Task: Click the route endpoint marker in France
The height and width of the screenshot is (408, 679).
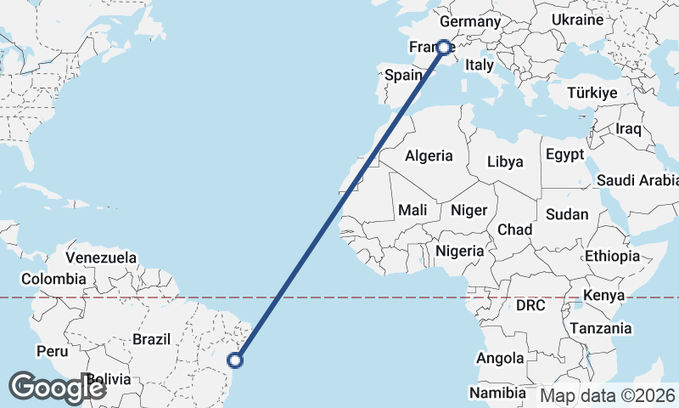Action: (x=443, y=48)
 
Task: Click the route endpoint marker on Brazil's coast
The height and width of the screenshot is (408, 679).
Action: (x=236, y=360)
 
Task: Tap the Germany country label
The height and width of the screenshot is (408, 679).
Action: (x=471, y=21)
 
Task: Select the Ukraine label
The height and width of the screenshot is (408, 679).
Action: (x=577, y=20)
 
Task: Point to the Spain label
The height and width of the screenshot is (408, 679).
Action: (x=403, y=75)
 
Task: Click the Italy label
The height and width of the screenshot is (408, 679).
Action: (x=480, y=65)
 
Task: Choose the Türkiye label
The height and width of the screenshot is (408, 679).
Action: (x=592, y=93)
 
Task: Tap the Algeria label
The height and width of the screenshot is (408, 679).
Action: (x=429, y=156)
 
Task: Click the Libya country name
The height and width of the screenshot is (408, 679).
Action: (x=506, y=161)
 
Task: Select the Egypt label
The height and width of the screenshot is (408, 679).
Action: (x=565, y=155)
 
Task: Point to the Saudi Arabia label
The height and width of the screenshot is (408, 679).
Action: (x=637, y=180)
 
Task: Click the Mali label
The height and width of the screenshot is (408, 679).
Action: (x=412, y=209)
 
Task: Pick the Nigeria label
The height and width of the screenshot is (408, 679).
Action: (x=459, y=251)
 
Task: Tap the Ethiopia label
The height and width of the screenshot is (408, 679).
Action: (x=612, y=256)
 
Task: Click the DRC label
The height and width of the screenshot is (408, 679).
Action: (x=530, y=304)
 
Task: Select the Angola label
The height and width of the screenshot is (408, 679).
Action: (x=501, y=359)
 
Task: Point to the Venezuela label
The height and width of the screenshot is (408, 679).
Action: (x=101, y=257)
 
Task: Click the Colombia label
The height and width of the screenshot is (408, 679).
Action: (x=53, y=279)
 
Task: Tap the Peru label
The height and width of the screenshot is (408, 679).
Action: (x=52, y=350)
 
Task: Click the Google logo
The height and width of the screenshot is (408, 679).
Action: (x=56, y=388)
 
